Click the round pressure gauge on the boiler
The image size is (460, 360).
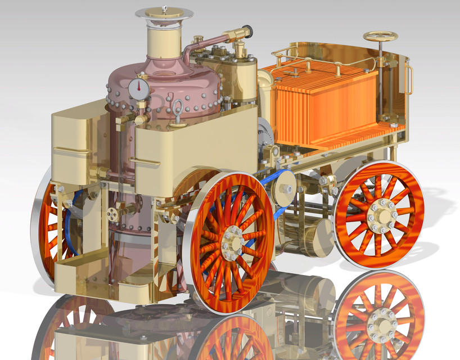pos(138,88)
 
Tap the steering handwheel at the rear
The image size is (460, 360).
pos(380,37)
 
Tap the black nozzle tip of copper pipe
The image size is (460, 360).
pos(246,29)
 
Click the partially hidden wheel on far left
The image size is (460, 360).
pos(48,231)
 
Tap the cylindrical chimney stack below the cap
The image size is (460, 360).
pos(164,39)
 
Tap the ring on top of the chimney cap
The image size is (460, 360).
pos(165,8)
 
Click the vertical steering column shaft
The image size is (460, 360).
pos(382,84)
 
